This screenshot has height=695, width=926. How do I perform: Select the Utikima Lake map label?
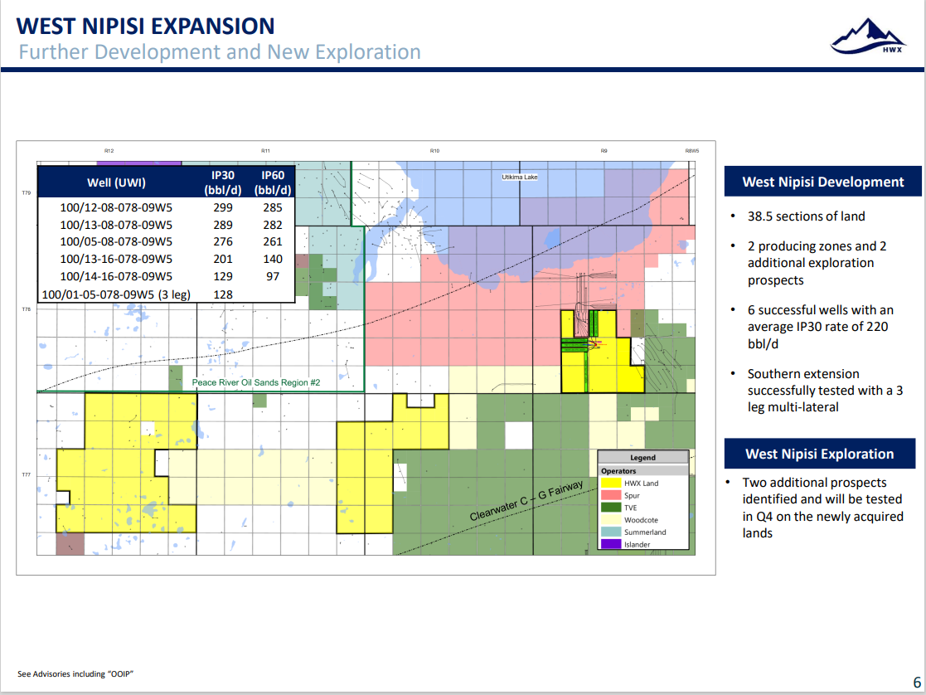click(x=520, y=177)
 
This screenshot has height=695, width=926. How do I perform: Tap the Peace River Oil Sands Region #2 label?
click(x=255, y=382)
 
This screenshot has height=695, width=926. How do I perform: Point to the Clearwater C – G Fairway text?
click(x=526, y=501)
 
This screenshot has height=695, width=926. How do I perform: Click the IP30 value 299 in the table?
click(x=223, y=207)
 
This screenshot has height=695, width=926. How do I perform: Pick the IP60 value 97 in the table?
click(x=272, y=276)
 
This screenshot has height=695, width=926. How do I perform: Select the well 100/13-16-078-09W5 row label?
click(x=116, y=259)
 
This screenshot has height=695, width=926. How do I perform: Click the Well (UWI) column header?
click(x=116, y=182)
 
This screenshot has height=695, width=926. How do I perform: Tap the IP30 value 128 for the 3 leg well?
click(x=223, y=294)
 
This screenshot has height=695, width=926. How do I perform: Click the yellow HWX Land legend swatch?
click(x=611, y=483)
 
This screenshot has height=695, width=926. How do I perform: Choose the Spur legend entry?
click(x=632, y=495)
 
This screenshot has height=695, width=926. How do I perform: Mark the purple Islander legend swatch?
click(x=611, y=544)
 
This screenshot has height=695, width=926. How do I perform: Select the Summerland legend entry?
click(x=645, y=532)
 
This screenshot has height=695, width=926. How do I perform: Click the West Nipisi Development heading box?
click(x=822, y=182)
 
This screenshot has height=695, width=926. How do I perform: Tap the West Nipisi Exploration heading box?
click(x=820, y=454)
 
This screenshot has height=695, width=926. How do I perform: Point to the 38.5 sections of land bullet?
click(x=806, y=216)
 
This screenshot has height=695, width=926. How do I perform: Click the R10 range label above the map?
click(x=434, y=151)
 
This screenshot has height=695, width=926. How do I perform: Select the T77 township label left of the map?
click(x=26, y=474)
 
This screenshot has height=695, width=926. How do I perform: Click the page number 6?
click(x=917, y=682)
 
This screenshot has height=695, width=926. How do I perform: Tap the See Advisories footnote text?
click(x=75, y=673)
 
